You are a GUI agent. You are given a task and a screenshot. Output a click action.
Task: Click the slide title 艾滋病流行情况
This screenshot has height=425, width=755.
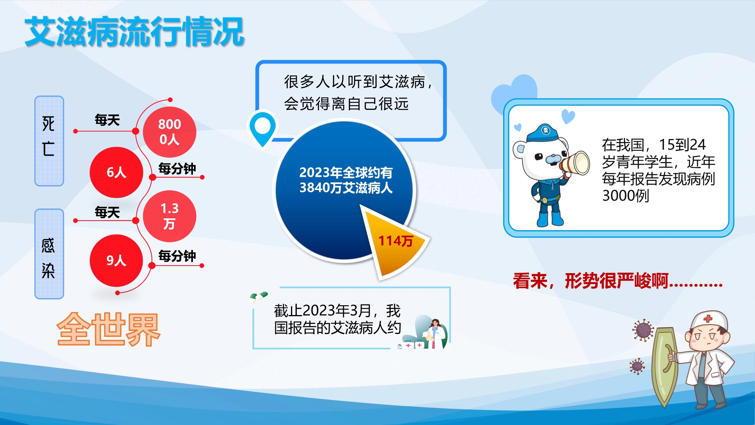(x=134, y=32)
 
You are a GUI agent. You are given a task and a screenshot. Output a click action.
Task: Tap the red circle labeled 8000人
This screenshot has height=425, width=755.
(x=169, y=132)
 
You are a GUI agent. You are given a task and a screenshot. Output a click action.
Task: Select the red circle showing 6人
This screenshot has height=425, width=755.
(x=116, y=172)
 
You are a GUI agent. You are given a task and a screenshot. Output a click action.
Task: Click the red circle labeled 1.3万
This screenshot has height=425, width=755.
(x=169, y=216)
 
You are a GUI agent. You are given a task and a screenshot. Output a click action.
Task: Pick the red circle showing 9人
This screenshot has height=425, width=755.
(x=116, y=260)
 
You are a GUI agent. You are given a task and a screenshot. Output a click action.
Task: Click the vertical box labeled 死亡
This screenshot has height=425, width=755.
(x=49, y=141)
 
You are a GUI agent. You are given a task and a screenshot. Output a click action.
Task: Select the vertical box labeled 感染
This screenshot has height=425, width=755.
(x=49, y=254)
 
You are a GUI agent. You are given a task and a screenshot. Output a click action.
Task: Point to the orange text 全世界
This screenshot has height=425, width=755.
(x=109, y=329)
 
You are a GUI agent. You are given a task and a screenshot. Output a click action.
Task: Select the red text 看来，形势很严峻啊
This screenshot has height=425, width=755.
(x=618, y=281)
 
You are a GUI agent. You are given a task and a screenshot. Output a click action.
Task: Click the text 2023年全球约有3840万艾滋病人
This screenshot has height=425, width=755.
(x=346, y=180)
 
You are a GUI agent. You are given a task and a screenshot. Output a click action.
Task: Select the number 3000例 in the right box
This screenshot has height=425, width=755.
(x=626, y=196)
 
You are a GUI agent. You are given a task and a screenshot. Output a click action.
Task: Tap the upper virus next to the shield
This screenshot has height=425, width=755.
(x=643, y=330)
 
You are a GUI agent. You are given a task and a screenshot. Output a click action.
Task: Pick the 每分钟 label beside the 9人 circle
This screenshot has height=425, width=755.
(x=177, y=256)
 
